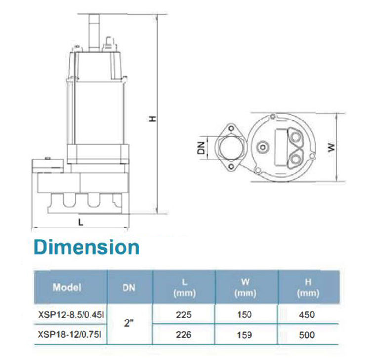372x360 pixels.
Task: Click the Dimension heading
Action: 86,247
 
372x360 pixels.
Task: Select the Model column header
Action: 67,287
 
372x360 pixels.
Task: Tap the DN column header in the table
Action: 129,288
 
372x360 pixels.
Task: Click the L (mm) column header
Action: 185,288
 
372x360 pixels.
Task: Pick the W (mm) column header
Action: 246,288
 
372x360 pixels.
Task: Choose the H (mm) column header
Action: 308,288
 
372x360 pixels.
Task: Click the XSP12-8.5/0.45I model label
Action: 71,315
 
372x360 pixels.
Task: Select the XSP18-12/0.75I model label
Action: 69,335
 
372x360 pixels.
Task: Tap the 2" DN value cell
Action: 129,323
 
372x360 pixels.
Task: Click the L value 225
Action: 184,315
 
